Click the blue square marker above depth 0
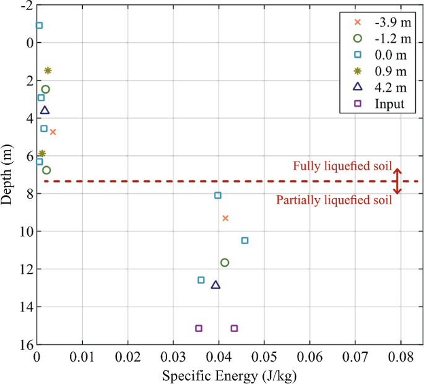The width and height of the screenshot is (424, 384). point(39,25)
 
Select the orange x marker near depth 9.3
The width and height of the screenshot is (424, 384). point(225,218)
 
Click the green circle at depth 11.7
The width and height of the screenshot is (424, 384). point(225,263)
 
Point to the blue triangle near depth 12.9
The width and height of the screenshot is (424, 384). point(215,285)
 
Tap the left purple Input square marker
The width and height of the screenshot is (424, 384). point(199,328)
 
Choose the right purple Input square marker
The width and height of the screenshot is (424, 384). point(234,328)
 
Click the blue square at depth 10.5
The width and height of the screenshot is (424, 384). point(244,240)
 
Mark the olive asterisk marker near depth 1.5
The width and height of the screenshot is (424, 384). point(48,71)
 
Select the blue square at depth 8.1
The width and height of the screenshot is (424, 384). point(218,195)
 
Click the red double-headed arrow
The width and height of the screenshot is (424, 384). point(398,181)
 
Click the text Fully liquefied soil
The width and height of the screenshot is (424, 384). point(337,166)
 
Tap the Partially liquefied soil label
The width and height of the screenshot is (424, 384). point(334,199)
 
